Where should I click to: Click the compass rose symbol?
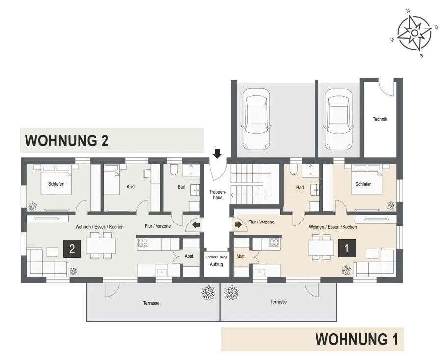click(x=415, y=33)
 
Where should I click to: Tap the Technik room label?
click(x=380, y=119)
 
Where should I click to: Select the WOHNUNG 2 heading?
click(x=67, y=140)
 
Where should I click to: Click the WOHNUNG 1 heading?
click(x=357, y=339)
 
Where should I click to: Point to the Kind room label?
click(x=131, y=187)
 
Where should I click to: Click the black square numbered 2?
click(x=72, y=249)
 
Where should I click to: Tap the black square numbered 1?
click(x=347, y=248)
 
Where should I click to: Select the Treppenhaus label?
click(x=217, y=194)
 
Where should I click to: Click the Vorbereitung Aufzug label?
click(x=216, y=261)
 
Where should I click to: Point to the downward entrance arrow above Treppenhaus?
click(x=217, y=153)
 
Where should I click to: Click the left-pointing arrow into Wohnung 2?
click(x=196, y=225)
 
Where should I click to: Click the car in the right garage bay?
click(x=339, y=119)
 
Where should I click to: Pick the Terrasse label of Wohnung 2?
click(x=151, y=303)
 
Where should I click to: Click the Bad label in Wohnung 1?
click(x=300, y=188)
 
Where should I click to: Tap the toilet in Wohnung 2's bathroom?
click(x=173, y=170)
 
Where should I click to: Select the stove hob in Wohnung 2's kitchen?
click(x=143, y=243)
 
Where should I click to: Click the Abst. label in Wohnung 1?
click(x=241, y=257)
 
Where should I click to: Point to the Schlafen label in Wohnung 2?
click(x=56, y=184)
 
